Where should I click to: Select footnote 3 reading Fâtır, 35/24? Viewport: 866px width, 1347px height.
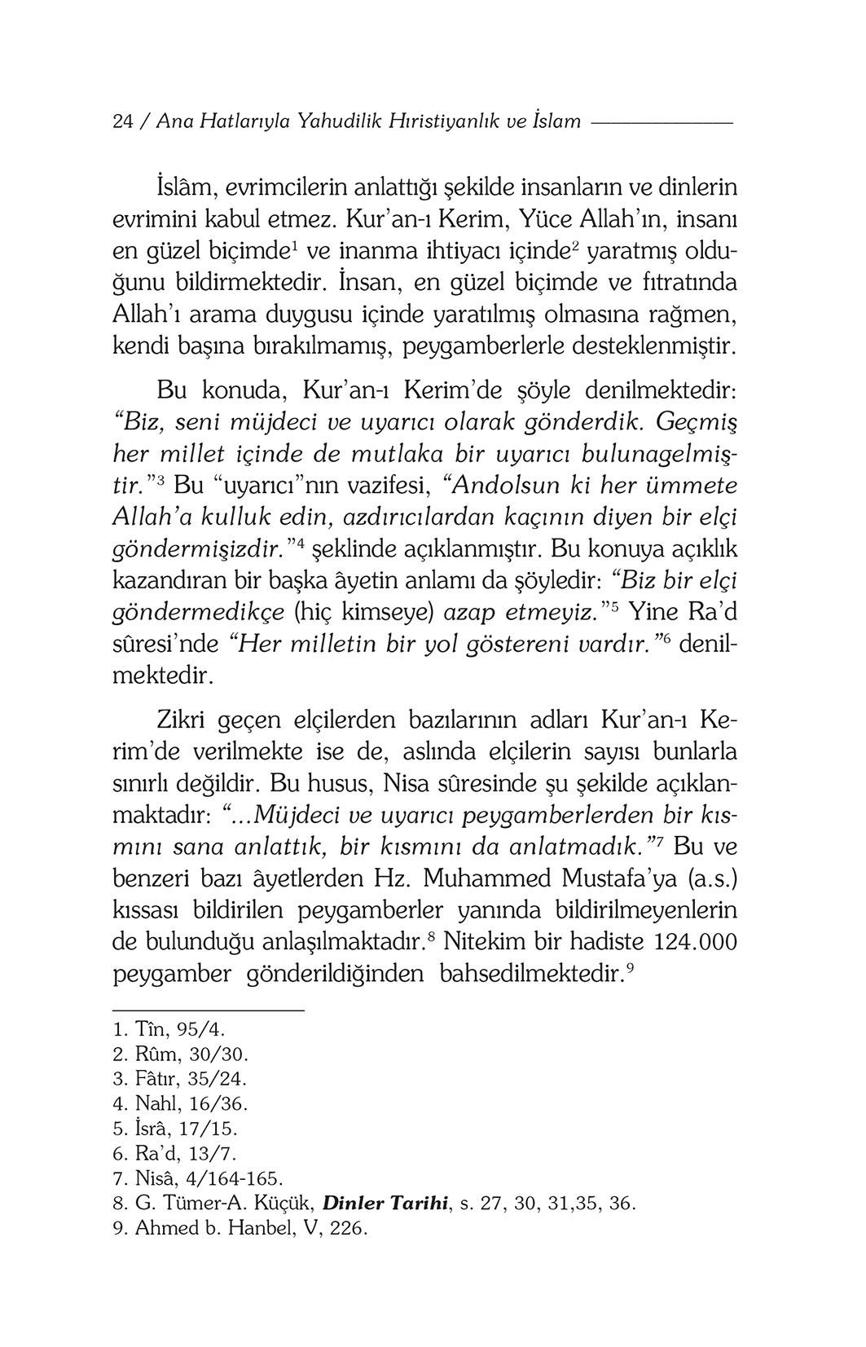pos(178,1079)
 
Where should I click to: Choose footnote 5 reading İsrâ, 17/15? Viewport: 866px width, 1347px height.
pos(174,1129)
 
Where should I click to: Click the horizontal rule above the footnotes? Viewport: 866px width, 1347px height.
pos(207,1011)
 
